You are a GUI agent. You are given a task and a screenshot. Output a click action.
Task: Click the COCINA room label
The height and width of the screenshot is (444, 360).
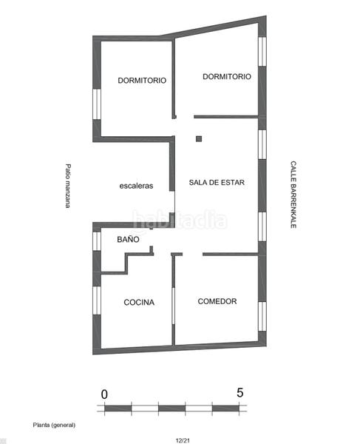[139, 302]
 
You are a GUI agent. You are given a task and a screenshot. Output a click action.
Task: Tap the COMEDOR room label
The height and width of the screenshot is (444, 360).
[217, 301]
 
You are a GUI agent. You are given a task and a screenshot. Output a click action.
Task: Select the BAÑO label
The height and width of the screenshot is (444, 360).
[129, 240]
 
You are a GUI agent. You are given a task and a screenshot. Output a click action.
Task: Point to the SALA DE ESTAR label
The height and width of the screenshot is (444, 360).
[217, 182]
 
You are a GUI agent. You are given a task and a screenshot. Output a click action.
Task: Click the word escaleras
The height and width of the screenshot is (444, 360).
[136, 186]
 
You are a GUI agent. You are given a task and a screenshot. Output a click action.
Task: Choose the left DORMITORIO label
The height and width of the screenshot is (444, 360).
[142, 80]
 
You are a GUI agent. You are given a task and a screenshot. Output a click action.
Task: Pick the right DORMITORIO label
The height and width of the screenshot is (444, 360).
[226, 76]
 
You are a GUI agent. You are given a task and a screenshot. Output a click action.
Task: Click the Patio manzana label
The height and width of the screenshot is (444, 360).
[67, 185]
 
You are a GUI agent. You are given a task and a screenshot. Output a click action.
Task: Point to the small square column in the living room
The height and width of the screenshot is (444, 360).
[198, 138]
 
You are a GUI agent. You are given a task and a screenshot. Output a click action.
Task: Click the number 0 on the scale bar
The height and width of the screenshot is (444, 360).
[104, 393]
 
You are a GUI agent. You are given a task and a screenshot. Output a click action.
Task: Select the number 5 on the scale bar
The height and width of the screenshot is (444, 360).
[240, 393]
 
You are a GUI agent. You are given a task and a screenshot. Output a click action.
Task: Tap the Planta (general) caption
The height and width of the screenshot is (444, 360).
[54, 425]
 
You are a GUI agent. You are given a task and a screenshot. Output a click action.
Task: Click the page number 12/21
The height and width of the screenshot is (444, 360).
[182, 438]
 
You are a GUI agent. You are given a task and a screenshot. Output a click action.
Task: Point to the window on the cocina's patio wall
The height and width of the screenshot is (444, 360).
[96, 305]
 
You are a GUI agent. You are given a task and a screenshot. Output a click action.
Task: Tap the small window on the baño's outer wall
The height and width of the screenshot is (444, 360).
[96, 241]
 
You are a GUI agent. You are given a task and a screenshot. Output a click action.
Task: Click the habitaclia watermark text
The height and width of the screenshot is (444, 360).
[180, 220]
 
